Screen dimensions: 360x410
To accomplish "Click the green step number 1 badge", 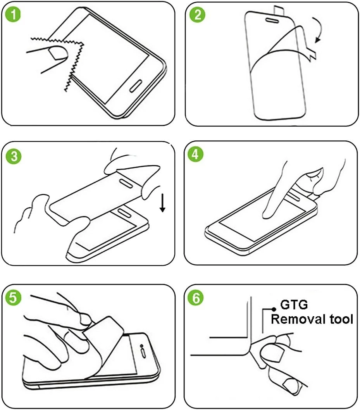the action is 13,14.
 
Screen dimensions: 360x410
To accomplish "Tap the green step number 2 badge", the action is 197,14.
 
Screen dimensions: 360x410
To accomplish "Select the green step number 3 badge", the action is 13,156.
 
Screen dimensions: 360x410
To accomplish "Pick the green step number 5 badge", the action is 13,298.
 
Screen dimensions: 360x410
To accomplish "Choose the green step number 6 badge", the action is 196,298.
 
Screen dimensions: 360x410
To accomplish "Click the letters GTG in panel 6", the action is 294,305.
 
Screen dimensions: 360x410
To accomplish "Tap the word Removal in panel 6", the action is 298,319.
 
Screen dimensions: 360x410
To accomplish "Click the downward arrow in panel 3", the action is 163,203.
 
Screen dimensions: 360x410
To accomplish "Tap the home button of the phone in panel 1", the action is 136,86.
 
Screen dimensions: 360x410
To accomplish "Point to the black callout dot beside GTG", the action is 274,309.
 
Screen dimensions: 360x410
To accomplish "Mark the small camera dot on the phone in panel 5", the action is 141,346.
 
